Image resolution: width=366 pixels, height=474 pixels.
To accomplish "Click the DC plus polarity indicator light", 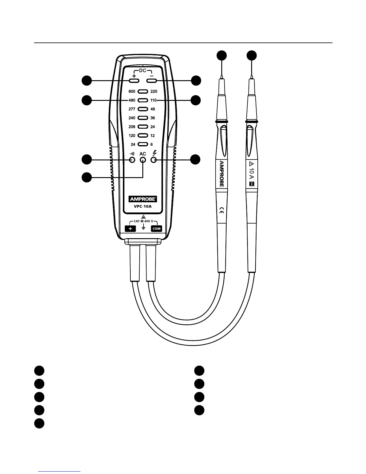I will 134,81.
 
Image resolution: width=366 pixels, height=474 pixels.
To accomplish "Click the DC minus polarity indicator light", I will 152,81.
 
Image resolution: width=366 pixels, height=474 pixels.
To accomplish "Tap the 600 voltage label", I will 132,92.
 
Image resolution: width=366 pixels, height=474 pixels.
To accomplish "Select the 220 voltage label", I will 154,92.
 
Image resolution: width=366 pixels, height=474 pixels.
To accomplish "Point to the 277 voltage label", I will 132,109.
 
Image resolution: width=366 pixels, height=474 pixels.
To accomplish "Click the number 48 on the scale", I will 153,109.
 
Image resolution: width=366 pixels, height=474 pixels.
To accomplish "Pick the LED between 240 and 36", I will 143,118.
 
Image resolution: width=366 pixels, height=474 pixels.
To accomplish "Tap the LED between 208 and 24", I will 143,127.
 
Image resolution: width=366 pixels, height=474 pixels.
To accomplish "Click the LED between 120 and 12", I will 143,136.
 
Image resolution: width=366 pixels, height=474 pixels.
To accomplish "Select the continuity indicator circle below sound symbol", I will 132,160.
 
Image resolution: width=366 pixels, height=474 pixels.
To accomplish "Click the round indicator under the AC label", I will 143,160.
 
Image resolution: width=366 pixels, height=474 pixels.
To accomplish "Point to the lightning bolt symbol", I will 155,153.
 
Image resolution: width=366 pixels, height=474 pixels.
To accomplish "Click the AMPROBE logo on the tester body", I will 143,199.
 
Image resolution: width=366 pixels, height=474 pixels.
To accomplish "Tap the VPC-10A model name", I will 143,206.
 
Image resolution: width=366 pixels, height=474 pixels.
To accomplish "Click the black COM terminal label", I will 156,229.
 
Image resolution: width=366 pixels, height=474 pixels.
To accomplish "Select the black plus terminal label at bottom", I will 130,229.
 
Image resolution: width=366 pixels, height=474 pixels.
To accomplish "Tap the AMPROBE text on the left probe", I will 222,174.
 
